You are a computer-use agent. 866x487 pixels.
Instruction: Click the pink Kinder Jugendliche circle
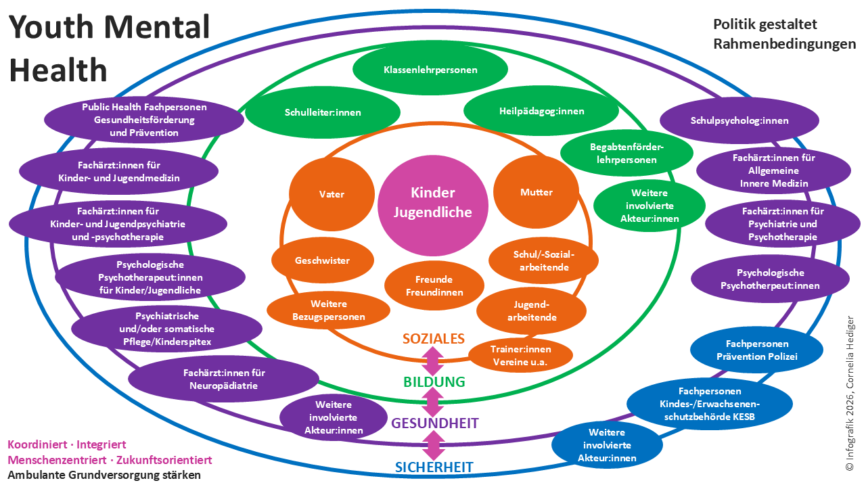433,202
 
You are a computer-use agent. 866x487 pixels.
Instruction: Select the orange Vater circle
332,194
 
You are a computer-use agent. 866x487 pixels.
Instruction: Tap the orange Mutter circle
536,193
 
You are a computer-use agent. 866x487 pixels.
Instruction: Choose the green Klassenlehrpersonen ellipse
430,70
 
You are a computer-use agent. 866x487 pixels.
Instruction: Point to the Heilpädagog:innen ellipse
541,112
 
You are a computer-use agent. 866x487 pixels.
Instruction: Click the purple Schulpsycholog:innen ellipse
739,120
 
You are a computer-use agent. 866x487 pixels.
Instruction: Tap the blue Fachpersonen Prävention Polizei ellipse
756,350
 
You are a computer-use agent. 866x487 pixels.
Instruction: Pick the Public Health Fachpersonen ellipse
144,120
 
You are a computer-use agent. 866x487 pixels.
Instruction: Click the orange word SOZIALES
433,338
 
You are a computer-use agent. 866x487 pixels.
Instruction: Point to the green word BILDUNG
434,381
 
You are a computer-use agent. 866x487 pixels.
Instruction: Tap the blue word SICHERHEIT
434,467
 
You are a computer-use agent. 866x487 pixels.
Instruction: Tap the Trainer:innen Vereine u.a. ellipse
520,355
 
